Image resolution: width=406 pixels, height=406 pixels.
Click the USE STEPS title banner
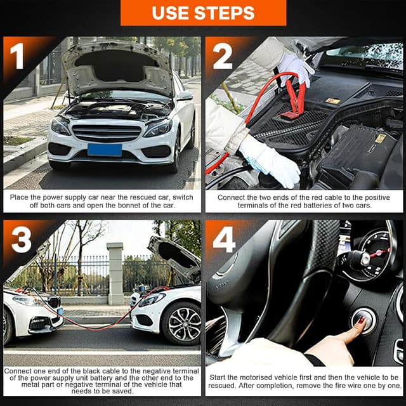203,13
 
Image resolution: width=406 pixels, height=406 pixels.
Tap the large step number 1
17,56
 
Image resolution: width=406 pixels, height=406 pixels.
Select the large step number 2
222,56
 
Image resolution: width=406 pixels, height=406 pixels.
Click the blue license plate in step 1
105,150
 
